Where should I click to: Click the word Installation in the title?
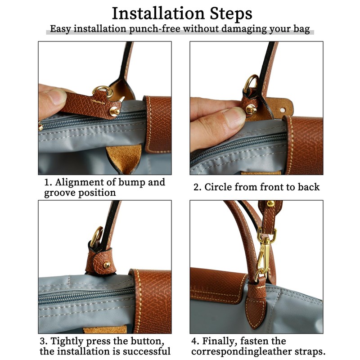click(158, 13)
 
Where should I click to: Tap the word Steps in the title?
click(231, 14)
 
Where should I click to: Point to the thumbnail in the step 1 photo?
click(54, 97)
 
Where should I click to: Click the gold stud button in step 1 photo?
click(115, 111)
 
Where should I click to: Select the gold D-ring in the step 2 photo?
click(250, 83)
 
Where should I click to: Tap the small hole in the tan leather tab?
click(283, 110)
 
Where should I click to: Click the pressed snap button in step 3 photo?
click(107, 265)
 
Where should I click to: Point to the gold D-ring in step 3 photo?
click(96, 237)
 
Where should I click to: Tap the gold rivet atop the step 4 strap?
click(270, 203)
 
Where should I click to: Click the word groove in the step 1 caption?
click(60, 193)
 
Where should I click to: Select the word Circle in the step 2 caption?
click(218, 187)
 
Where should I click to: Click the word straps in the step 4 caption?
click(310, 351)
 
